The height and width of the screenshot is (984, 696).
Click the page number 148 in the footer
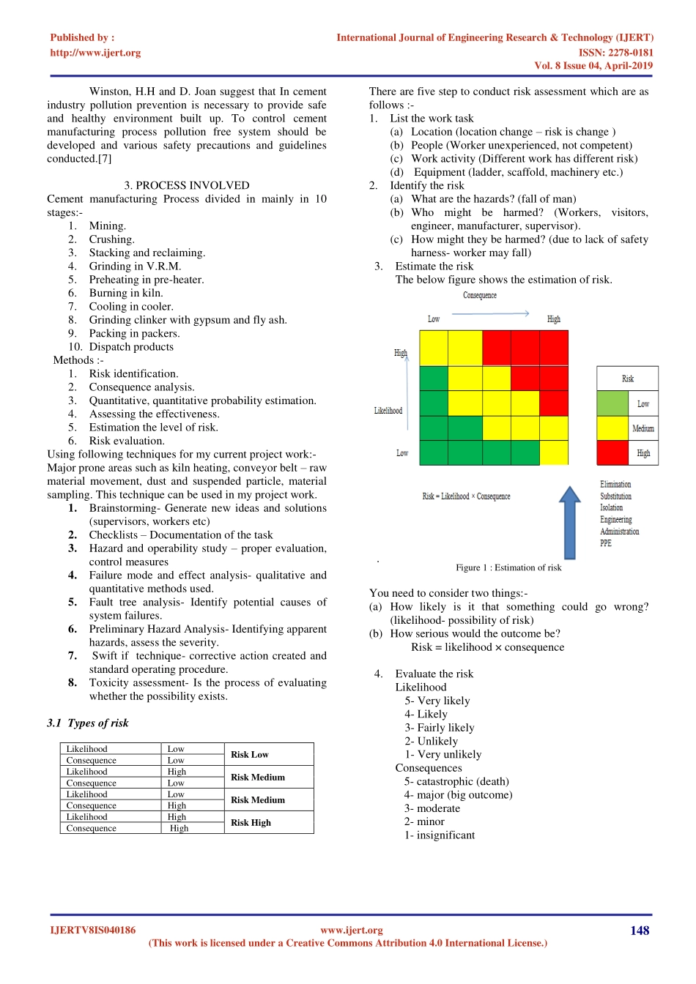(640, 931)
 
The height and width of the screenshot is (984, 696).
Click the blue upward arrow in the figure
(570, 523)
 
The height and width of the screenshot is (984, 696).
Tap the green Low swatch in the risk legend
(612, 403)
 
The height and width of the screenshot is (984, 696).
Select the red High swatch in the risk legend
(612, 452)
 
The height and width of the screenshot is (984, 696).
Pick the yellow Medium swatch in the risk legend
(612, 428)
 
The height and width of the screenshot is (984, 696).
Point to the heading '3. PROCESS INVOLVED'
(187, 185)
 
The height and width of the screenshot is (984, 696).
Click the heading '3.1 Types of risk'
(88, 723)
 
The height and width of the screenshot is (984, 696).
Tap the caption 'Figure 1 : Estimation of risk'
(508, 567)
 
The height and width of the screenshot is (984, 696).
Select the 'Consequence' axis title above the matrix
(480, 295)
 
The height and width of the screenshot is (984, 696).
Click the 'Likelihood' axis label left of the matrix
(388, 411)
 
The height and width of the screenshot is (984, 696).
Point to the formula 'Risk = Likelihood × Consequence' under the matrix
(466, 496)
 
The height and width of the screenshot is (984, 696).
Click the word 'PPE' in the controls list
(606, 543)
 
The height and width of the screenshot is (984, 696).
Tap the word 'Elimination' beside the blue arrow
(615, 485)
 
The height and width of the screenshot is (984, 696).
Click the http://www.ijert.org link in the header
(95, 53)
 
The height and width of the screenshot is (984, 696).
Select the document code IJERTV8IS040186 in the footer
(92, 931)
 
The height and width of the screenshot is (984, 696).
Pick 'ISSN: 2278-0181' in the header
(615, 53)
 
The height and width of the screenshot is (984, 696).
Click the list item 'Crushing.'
(111, 239)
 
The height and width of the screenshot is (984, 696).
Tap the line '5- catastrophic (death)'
(456, 781)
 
